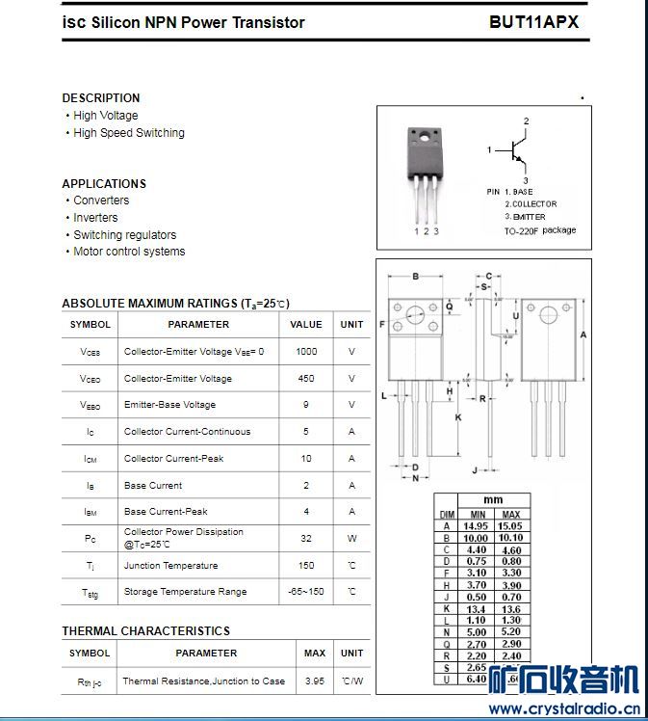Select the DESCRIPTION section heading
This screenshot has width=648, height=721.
click(101, 98)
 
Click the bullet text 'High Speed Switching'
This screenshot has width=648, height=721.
click(129, 133)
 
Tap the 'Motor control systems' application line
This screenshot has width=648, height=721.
click(129, 252)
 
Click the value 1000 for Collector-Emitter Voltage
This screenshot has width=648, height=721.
click(306, 352)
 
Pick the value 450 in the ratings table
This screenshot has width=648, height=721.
click(306, 379)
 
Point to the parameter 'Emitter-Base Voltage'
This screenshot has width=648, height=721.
click(169, 405)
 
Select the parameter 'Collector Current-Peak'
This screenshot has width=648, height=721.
click(173, 459)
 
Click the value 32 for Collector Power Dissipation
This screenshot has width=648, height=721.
click(306, 538)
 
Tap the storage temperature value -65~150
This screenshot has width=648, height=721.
click(306, 591)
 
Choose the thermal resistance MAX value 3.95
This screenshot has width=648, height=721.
click(314, 681)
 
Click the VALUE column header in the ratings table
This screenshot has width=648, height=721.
click(306, 325)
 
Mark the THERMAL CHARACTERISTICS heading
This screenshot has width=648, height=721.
click(145, 631)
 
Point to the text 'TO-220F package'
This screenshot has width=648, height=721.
click(540, 231)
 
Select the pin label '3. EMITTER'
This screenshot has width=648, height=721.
click(525, 217)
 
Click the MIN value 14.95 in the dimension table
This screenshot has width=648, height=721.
click(477, 526)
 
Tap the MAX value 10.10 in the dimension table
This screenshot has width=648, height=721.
click(511, 538)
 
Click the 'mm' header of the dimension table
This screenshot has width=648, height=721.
click(493, 500)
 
